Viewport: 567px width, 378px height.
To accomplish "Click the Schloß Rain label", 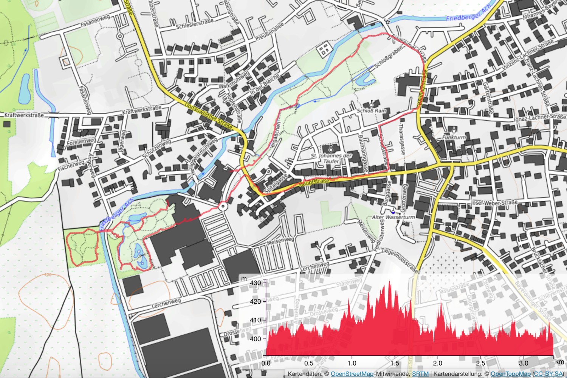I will (372, 111).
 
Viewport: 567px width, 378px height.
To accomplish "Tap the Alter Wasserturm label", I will (393, 217).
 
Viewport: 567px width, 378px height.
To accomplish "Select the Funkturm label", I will (454, 137).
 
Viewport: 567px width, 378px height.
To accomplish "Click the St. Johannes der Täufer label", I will (331, 158).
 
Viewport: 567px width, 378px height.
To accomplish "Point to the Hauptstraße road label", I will (314, 183).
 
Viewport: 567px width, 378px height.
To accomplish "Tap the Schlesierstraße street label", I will (195, 24).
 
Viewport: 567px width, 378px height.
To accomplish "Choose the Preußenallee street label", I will (269, 32).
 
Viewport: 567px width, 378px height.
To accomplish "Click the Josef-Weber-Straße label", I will (494, 203).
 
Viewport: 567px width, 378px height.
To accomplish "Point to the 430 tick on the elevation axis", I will (256, 283).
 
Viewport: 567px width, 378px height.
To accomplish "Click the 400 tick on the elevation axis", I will (256, 339).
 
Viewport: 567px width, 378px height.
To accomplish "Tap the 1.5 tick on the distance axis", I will (395, 363).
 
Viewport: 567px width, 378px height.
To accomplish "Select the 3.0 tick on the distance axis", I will (524, 363).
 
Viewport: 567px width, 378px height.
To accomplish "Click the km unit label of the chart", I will (559, 362).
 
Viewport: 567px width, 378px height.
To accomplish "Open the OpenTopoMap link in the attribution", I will (510, 374).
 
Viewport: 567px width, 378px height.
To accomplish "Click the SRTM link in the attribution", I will (420, 374).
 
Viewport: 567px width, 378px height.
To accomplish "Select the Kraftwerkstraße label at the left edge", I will (24, 115).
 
